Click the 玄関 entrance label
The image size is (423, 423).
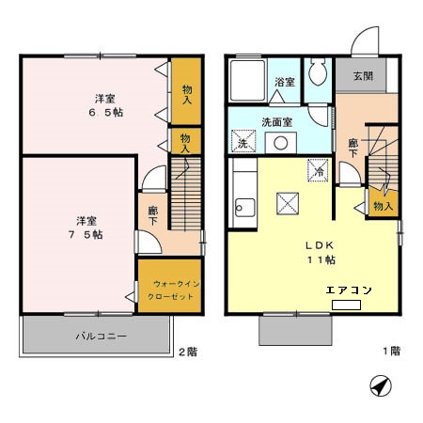click(363, 76)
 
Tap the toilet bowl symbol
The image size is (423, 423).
click(318, 72)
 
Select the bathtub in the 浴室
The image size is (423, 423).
click(247, 81)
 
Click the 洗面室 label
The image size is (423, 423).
click(277, 122)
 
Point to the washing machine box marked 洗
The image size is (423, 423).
click(243, 141)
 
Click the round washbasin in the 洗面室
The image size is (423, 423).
click(280, 143)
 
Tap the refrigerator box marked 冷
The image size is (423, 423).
click(318, 171)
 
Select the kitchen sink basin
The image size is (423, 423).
click(245, 208)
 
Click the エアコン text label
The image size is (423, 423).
click(349, 290)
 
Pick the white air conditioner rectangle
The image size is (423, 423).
click(346, 305)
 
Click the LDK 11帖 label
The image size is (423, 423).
click(321, 253)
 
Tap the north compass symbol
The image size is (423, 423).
click(381, 385)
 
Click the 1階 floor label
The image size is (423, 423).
click(392, 351)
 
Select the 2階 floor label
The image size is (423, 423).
click(188, 352)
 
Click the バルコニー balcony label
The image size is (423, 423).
click(102, 337)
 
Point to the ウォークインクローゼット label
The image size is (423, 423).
click(173, 290)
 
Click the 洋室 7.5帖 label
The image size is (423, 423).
click(86, 227)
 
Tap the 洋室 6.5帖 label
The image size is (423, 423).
click(106, 105)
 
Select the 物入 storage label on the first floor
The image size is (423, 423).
click(383, 206)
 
